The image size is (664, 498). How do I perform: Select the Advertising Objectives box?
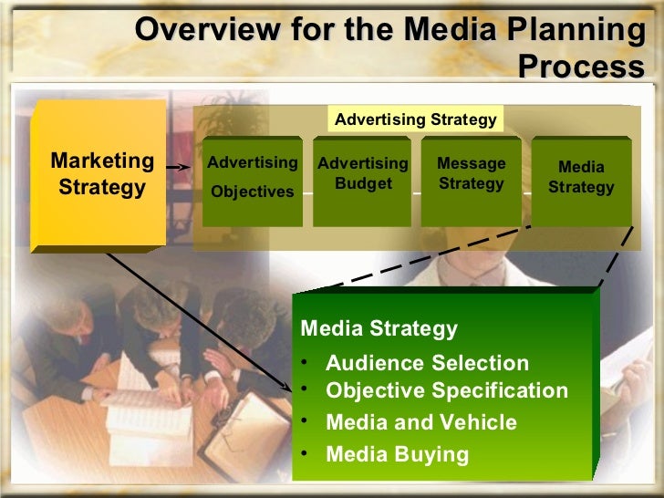click(252, 180)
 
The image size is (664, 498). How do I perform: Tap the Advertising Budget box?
click(362, 180)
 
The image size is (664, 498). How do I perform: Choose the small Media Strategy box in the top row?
click(581, 180)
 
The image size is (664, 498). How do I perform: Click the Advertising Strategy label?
click(415, 119)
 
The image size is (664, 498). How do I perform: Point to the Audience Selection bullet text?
click(427, 363)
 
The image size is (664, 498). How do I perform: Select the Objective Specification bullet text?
click(446, 391)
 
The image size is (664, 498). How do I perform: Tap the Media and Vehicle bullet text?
click(420, 422)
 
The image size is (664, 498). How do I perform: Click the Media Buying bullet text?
click(397, 453)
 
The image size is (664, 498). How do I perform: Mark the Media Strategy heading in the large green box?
click(379, 328)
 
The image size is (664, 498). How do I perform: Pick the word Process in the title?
click(580, 67)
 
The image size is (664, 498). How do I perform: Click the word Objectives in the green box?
click(252, 192)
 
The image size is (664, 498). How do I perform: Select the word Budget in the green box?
click(362, 183)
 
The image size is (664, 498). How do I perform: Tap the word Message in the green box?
click(471, 163)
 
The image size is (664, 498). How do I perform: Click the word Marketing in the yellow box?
click(102, 161)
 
